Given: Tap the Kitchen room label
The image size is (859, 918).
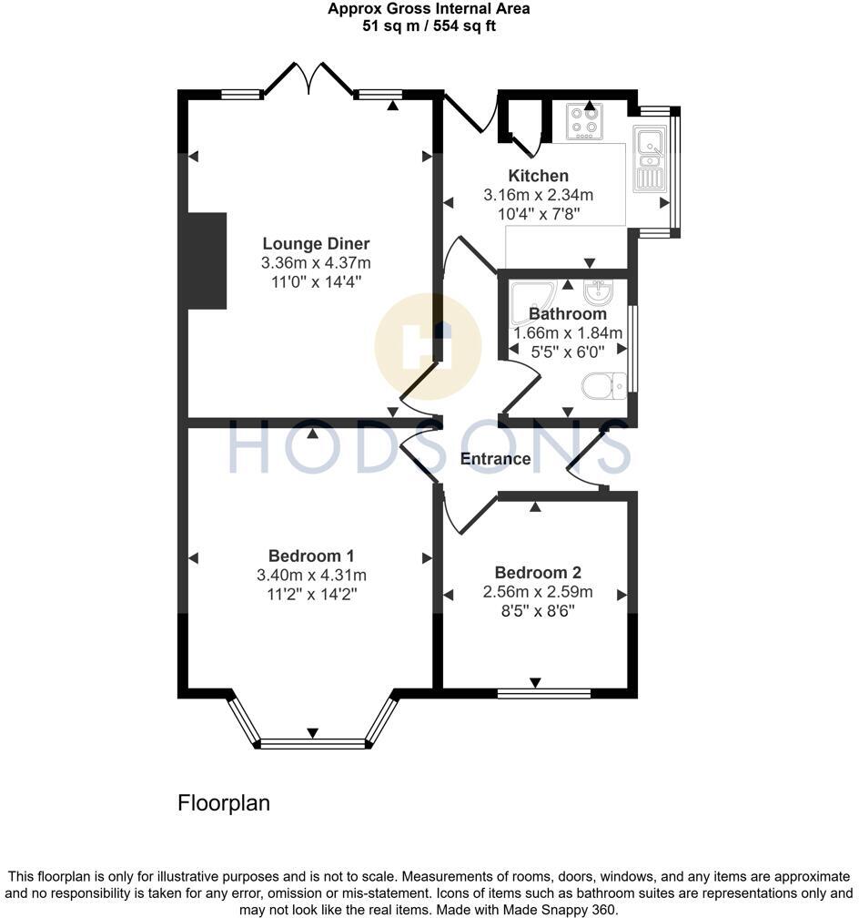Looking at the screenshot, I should coord(538,176).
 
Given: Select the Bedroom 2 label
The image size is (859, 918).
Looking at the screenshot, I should coord(538,573).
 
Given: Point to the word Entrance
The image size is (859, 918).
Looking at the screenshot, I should coord(495,459).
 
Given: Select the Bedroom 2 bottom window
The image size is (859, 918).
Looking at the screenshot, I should coord(544,694).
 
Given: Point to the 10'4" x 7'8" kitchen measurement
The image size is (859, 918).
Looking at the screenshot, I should coord(538,214).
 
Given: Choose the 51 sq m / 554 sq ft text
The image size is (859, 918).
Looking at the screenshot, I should coord(429,25).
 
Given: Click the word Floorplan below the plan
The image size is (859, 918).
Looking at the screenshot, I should coord(224,804).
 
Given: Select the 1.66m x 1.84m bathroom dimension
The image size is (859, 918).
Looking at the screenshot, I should coord(568,333).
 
